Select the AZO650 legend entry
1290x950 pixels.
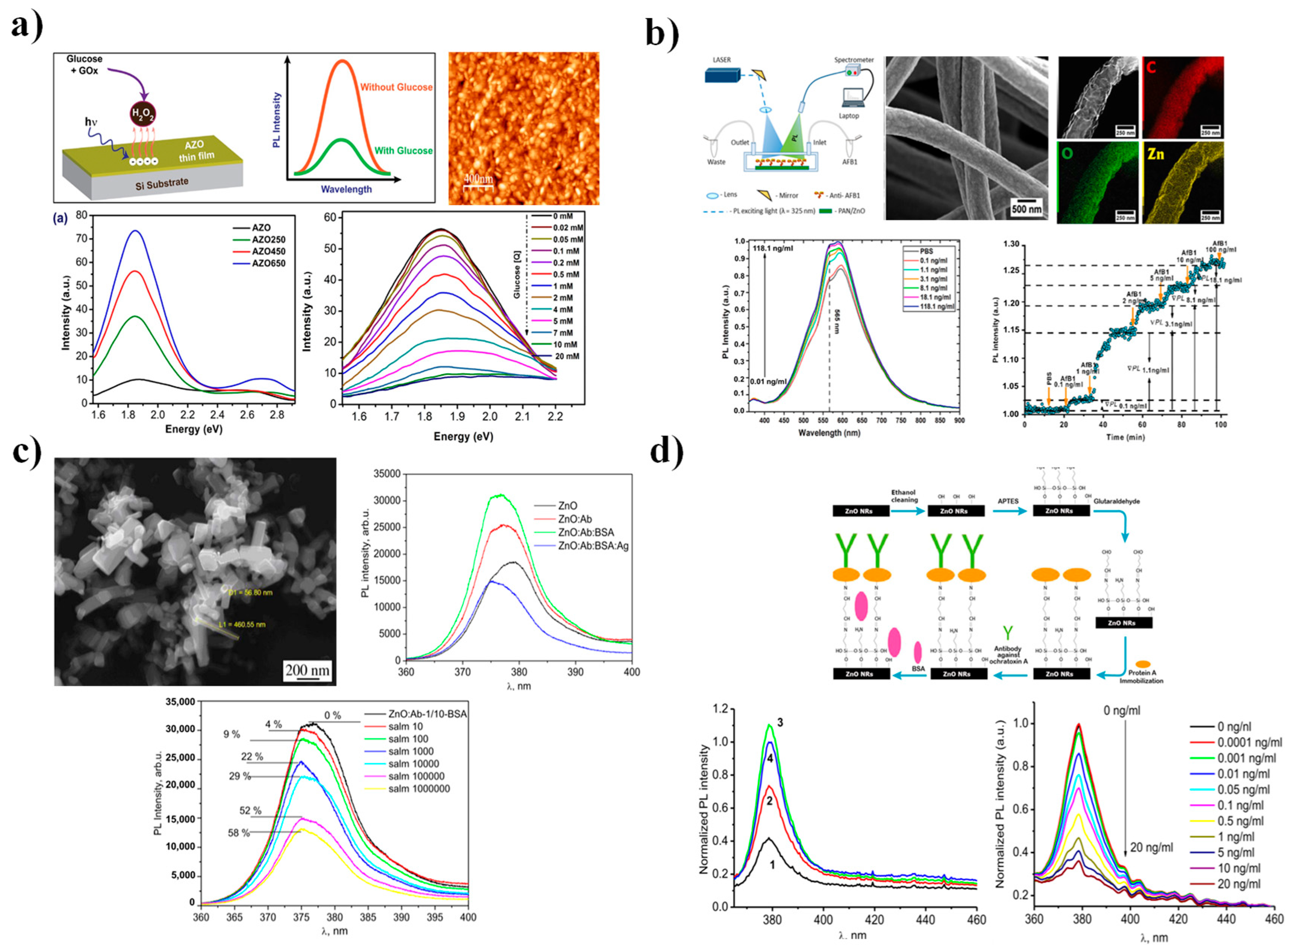click(268, 264)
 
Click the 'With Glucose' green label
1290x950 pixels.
click(403, 151)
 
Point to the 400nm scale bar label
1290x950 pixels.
click(478, 179)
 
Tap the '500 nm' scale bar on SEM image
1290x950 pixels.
click(1026, 209)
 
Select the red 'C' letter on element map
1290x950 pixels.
click(1152, 68)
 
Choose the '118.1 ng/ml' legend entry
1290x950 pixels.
click(936, 306)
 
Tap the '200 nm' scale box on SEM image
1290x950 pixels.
click(307, 671)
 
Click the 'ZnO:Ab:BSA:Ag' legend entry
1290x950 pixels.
click(593, 546)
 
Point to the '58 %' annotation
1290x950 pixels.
click(239, 833)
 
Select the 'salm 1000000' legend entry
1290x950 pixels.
click(418, 788)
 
